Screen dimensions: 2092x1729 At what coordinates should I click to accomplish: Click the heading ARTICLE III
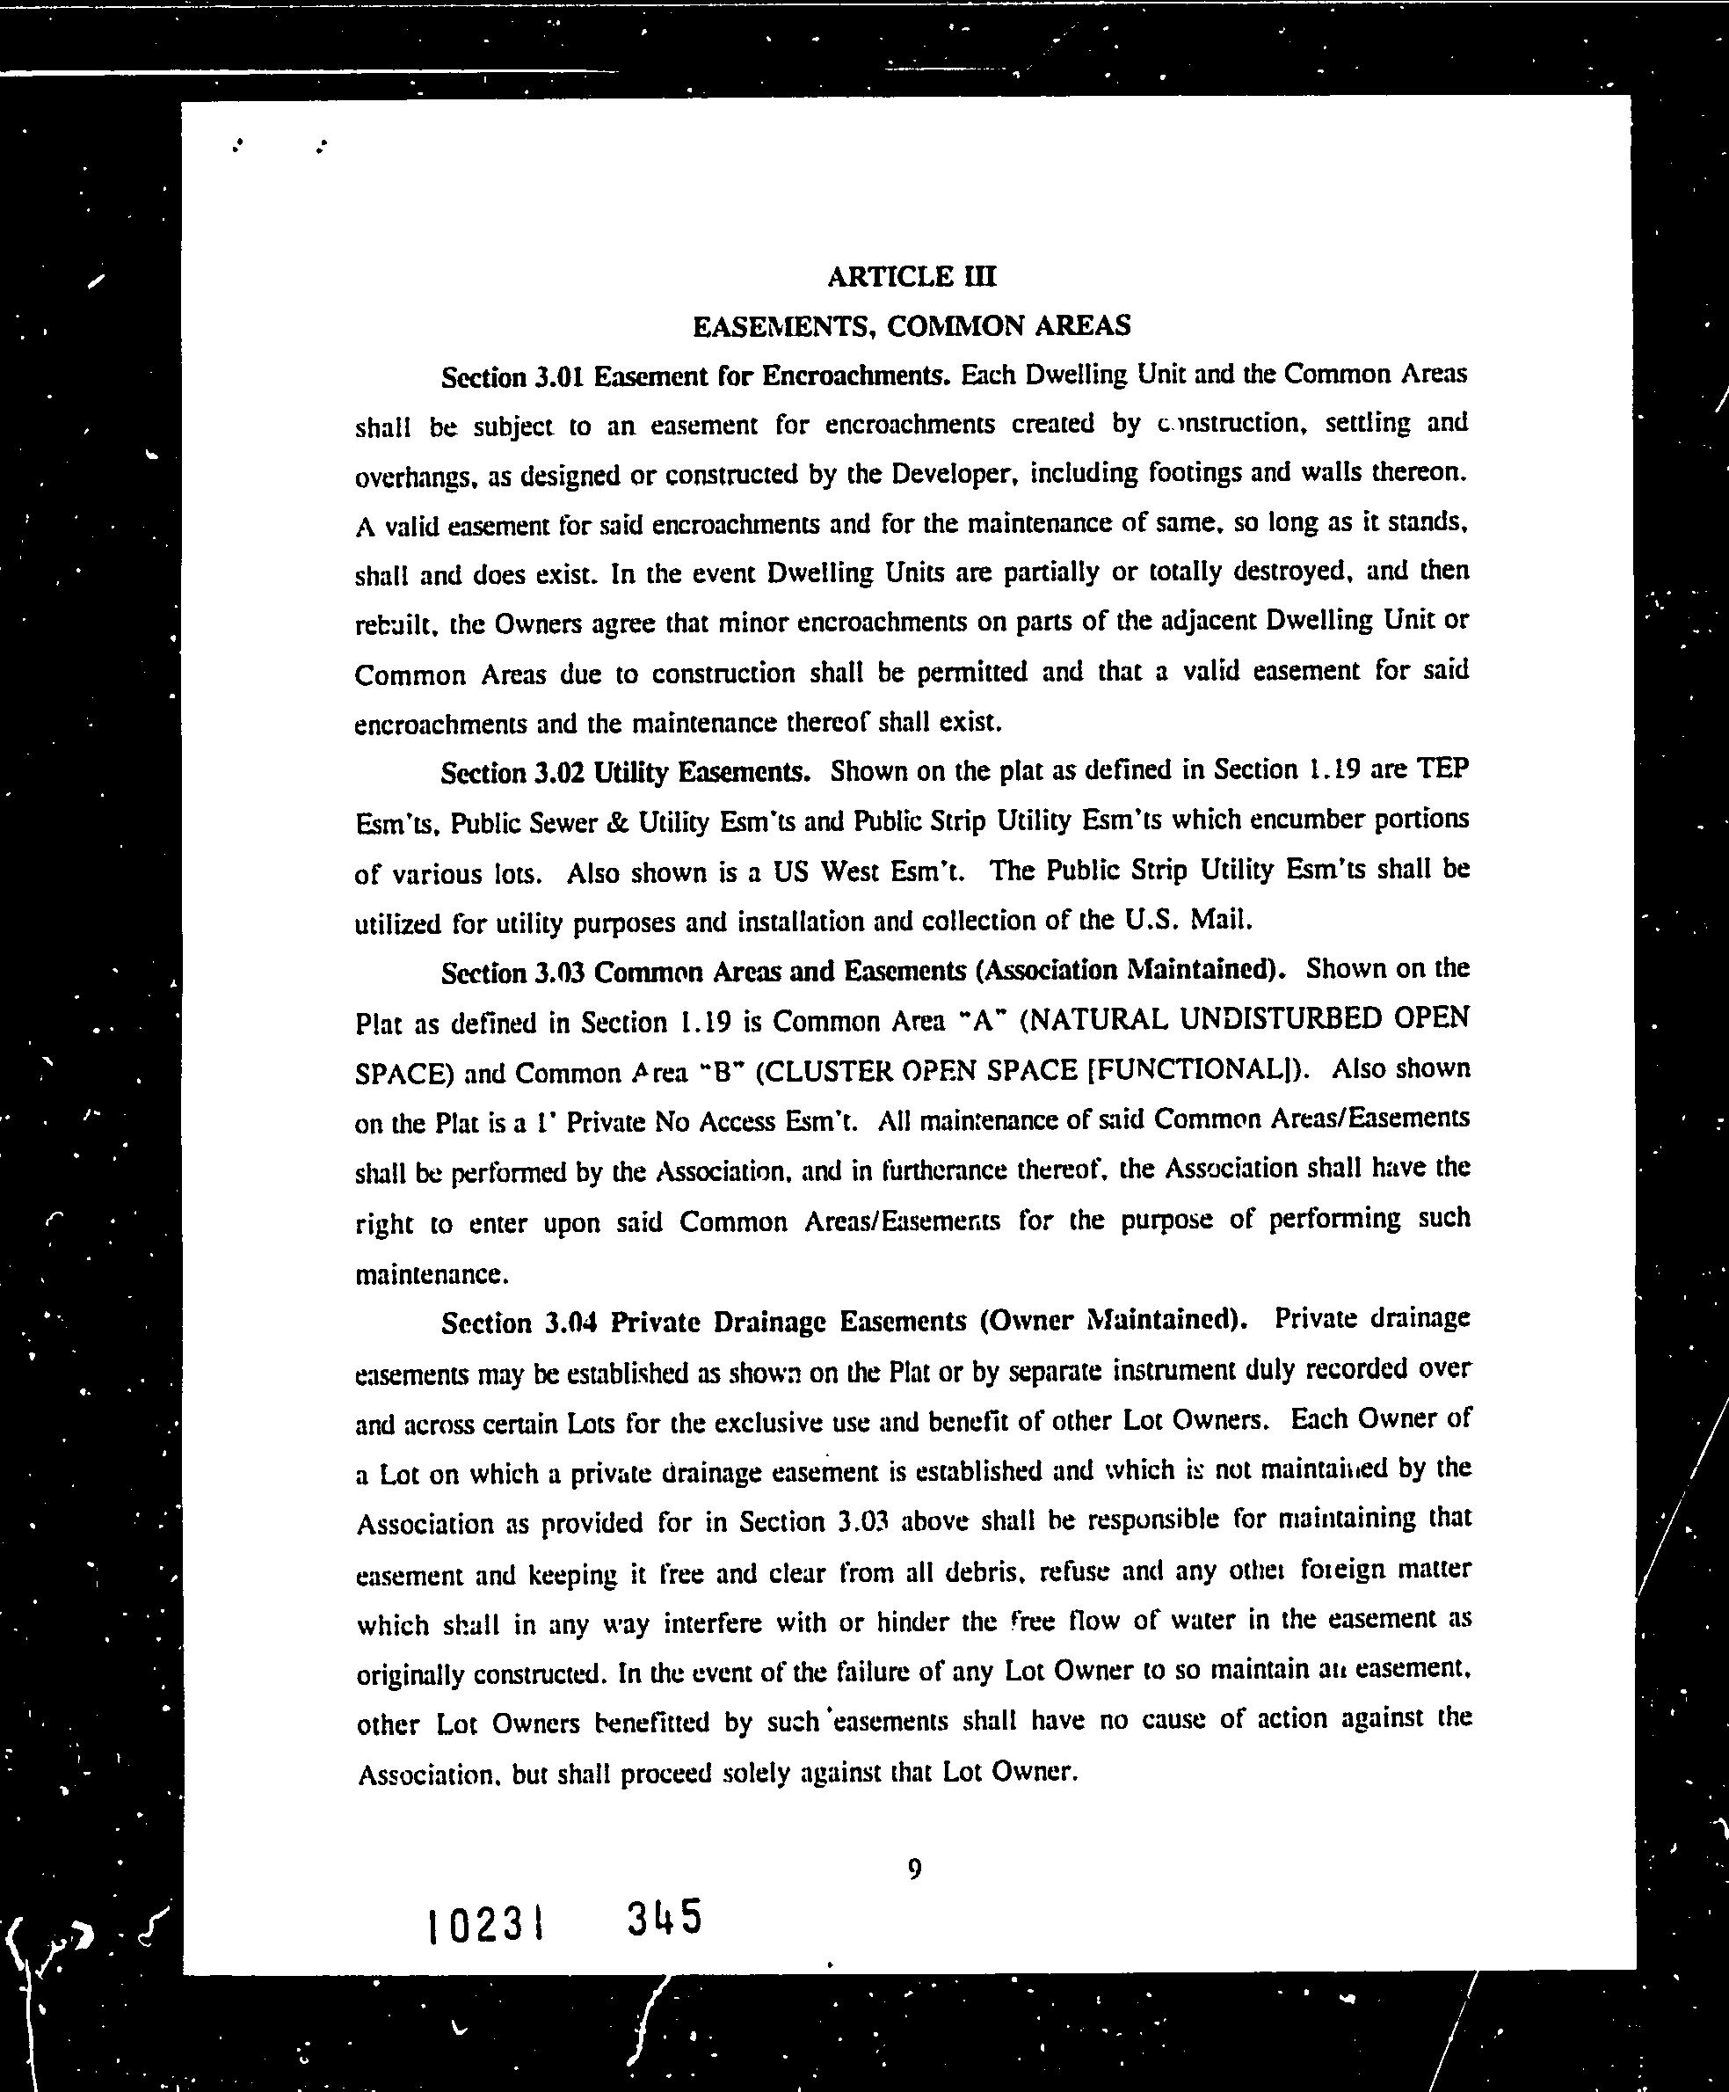click(911, 276)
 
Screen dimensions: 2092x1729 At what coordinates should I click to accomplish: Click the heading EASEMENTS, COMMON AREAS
click(911, 325)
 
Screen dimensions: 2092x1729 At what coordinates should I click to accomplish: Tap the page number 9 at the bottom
click(914, 1870)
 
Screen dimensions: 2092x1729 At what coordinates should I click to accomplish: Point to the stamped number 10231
click(485, 1926)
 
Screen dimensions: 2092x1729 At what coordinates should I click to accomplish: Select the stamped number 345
click(665, 1918)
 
